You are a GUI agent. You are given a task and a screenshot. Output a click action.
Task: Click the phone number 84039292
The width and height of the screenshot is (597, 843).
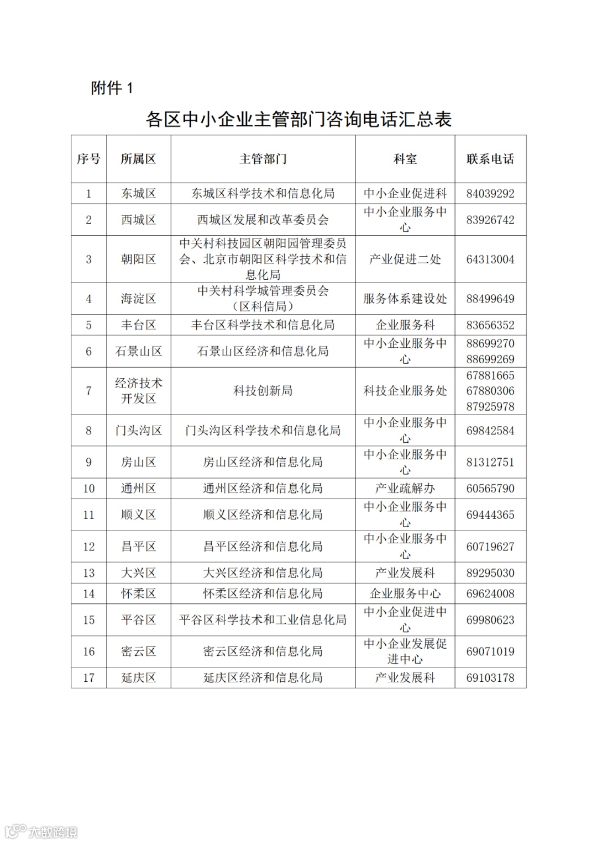[x=490, y=194]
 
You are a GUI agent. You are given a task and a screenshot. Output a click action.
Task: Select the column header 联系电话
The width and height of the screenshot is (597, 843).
[x=490, y=159]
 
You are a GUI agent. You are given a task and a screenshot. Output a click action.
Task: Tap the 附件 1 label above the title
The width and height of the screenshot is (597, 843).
[x=112, y=88]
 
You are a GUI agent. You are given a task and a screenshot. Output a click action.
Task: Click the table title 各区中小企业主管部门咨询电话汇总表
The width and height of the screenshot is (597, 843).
[x=298, y=119]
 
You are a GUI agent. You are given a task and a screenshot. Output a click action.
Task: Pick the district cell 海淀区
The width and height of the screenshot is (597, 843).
[x=138, y=299]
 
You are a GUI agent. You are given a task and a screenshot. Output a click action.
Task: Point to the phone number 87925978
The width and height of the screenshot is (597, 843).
[x=490, y=406]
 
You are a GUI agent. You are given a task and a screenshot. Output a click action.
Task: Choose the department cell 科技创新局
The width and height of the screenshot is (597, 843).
[x=263, y=391]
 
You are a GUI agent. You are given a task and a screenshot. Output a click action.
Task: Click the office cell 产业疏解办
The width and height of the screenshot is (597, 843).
[x=405, y=489]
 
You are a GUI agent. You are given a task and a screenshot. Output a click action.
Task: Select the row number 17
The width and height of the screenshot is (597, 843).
[x=88, y=677]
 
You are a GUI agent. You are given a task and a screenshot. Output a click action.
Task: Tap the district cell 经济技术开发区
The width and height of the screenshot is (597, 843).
[x=138, y=391]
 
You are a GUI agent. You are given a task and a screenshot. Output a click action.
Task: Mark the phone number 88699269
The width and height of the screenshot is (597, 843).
[x=490, y=359]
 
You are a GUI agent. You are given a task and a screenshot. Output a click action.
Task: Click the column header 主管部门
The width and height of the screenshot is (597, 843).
[x=263, y=159]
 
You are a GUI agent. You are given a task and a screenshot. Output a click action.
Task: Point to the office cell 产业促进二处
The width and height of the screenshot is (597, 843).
[x=405, y=259]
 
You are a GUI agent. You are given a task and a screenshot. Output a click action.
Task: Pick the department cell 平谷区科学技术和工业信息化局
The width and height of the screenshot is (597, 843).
[x=263, y=620]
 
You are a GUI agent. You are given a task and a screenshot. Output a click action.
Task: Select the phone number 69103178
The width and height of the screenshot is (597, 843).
[x=490, y=677]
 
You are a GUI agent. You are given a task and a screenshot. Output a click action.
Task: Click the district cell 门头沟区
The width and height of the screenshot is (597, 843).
[x=138, y=431]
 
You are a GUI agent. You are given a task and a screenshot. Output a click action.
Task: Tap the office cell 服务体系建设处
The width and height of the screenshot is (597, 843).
[x=405, y=299]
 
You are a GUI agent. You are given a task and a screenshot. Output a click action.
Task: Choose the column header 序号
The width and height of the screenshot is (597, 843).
[x=88, y=159]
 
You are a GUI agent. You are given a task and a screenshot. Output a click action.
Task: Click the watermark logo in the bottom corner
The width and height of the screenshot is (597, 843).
[x=41, y=831]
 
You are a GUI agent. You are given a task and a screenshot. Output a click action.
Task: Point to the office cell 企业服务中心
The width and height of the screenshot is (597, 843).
[x=405, y=594]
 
